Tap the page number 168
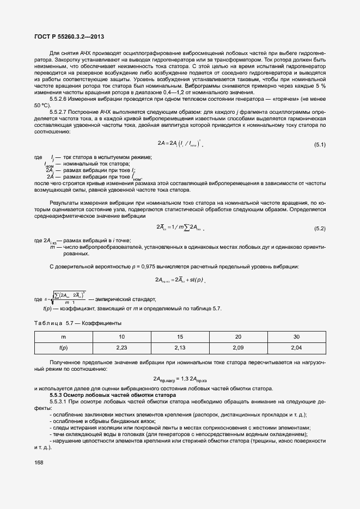(x=39, y=463)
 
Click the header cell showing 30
(x=296, y=336)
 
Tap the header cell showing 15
(x=179, y=336)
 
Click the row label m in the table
(x=63, y=336)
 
